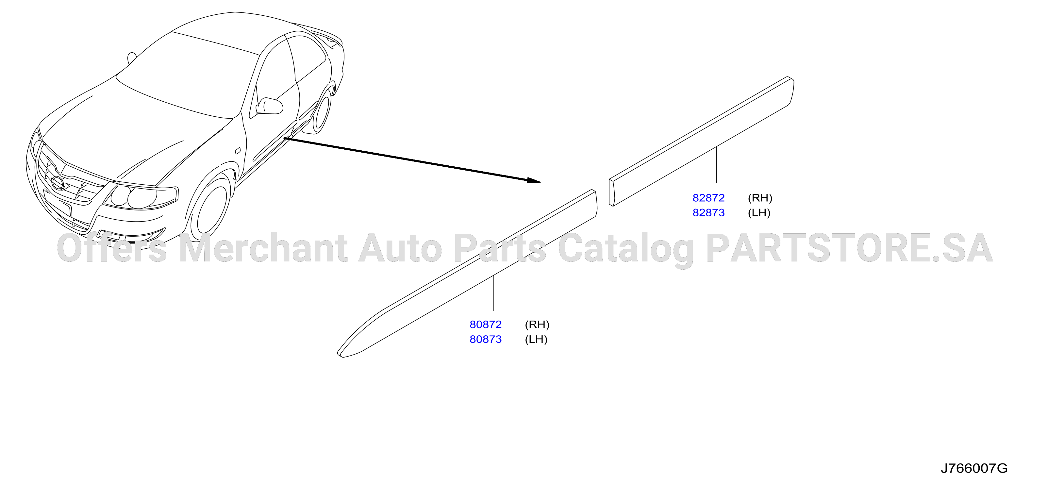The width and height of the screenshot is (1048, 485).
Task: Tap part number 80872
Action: click(x=485, y=324)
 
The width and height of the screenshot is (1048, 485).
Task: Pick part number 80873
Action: click(x=485, y=339)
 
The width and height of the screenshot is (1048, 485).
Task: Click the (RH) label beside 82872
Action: click(x=760, y=198)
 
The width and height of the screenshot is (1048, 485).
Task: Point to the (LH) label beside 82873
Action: click(x=759, y=212)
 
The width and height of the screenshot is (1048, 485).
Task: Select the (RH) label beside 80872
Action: click(x=537, y=324)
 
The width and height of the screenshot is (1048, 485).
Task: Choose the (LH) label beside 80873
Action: click(x=536, y=339)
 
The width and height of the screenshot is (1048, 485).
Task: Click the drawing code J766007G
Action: click(x=974, y=468)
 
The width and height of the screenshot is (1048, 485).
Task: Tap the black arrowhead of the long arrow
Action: click(x=534, y=180)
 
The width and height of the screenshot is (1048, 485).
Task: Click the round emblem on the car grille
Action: click(x=58, y=183)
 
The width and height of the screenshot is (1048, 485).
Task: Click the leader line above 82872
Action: click(x=716, y=165)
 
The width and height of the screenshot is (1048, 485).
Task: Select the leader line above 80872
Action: click(x=493, y=293)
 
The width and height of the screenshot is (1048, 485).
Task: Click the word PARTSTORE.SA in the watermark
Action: click(x=849, y=248)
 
